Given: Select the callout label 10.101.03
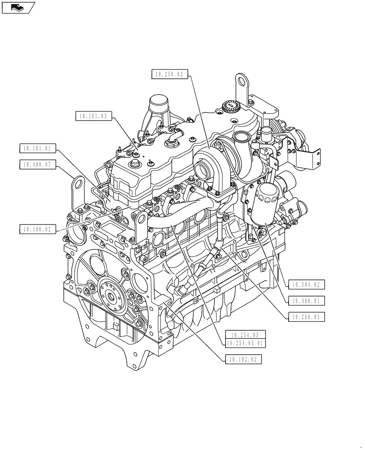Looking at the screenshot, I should tap(93, 116).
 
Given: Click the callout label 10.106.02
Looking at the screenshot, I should tap(38, 229).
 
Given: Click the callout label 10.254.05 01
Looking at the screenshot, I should tap(245, 343).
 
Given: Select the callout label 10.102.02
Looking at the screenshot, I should tap(242, 359).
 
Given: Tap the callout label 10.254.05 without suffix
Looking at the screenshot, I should tap(245, 335).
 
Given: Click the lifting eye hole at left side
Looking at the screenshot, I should tap(78, 184).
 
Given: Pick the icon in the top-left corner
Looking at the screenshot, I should tap(18, 7).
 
